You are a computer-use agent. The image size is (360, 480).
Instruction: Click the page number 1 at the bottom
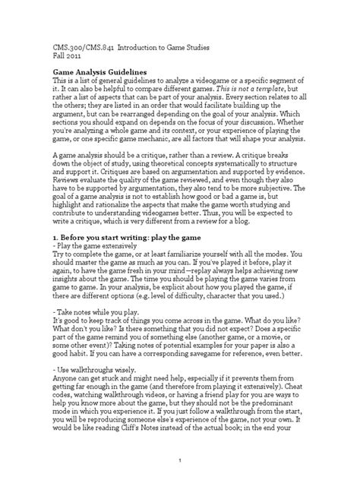[x=180, y=459]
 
